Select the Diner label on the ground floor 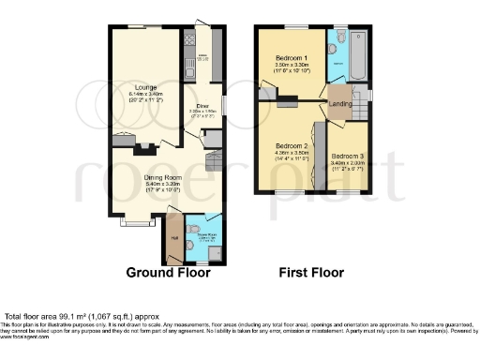[202, 106]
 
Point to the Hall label [173, 237]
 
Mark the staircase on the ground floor [213, 166]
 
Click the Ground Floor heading [169, 273]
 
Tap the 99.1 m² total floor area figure [85, 319]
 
